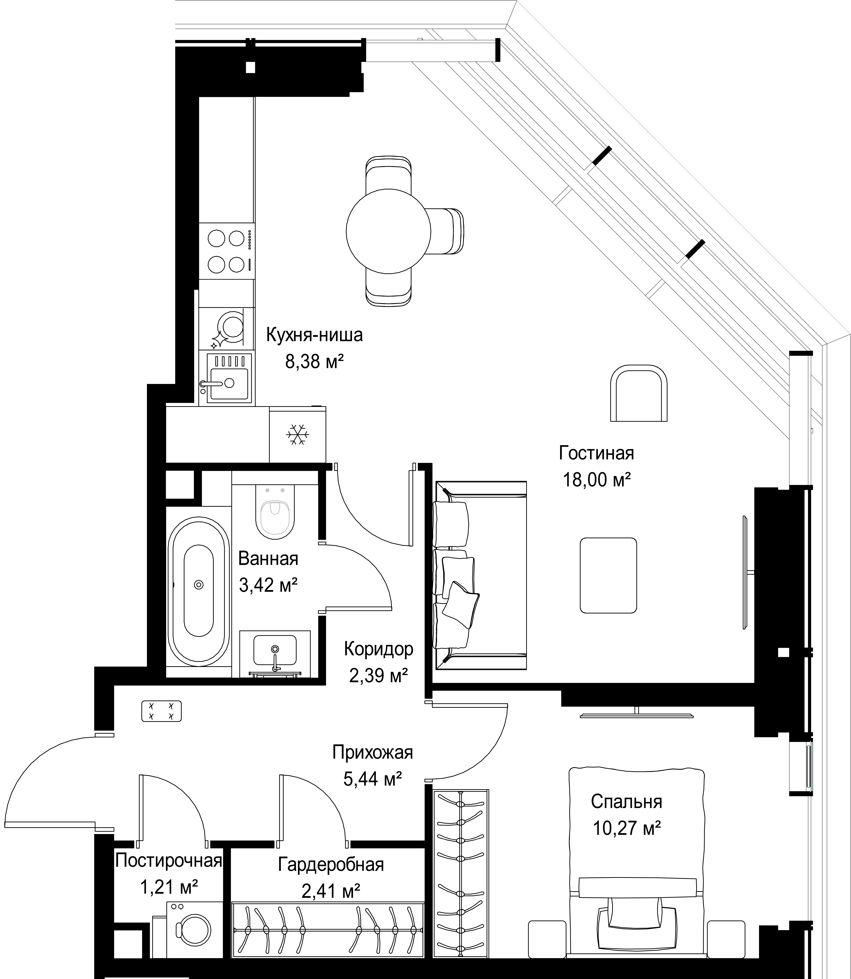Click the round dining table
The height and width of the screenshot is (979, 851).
[x=388, y=231]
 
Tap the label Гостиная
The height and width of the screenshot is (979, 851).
[x=596, y=453]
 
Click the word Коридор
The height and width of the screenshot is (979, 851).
[x=379, y=649]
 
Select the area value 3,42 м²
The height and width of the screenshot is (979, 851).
[x=268, y=585]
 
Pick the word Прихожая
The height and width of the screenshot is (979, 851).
[x=373, y=753]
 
